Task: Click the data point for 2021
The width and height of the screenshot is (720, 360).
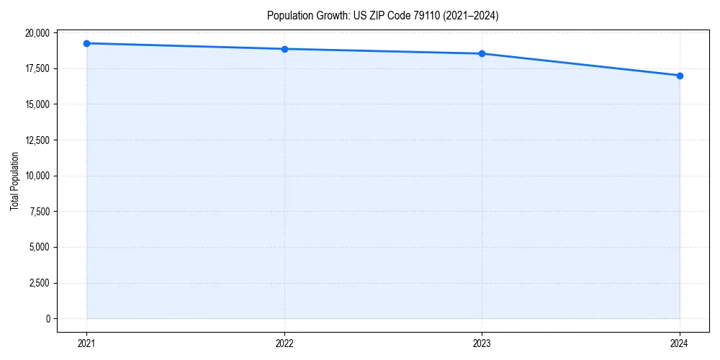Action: (86, 43)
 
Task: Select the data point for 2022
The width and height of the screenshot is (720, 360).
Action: (284, 49)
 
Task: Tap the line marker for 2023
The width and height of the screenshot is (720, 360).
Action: (482, 53)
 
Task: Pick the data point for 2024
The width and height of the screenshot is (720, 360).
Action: (680, 76)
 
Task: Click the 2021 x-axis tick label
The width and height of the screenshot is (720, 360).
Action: (86, 343)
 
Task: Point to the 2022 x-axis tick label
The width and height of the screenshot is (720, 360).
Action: (284, 343)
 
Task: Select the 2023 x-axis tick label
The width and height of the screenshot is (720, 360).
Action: (482, 343)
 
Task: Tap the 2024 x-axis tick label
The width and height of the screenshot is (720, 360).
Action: (680, 343)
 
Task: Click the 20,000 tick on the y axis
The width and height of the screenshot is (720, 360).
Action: (37, 33)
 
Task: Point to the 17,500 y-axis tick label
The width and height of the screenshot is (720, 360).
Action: (37, 68)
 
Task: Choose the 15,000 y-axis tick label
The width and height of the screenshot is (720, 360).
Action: (37, 104)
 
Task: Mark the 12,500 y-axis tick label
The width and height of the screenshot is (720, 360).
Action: (37, 140)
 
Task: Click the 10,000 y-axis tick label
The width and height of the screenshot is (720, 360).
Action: (37, 176)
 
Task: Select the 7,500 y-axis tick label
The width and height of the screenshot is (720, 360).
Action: (39, 212)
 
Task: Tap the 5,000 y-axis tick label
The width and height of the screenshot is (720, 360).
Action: (39, 247)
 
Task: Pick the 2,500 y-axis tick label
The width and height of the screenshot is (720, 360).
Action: (39, 283)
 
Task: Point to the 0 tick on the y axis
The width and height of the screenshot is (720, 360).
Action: (48, 318)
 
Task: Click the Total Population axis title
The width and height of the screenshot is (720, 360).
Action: (14, 181)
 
